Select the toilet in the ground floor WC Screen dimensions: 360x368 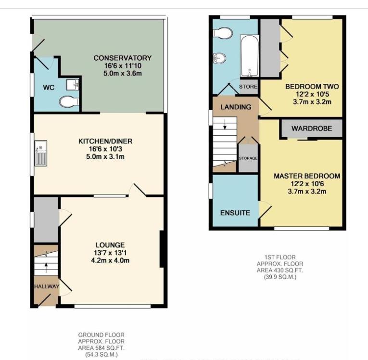[x=69, y=101]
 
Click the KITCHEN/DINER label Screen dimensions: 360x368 [x=105, y=141]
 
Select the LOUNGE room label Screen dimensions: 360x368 [x=110, y=245]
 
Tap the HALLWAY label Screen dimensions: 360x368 [x=46, y=287]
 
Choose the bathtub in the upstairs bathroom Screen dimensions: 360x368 [x=249, y=56]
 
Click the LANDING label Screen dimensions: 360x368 [x=236, y=107]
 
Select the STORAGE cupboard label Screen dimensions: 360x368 [x=248, y=158]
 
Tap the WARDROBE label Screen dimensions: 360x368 [x=312, y=129]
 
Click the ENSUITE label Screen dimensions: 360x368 [x=235, y=212]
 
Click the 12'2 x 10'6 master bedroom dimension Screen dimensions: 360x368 [x=306, y=184]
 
